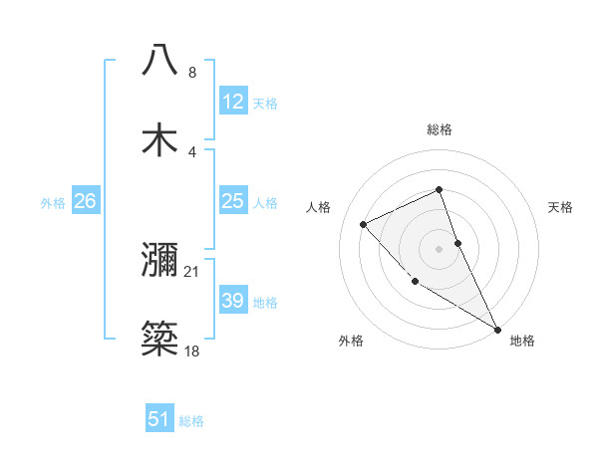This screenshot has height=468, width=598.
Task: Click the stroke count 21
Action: coord(192,271)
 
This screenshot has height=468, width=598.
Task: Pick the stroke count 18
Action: coord(192,351)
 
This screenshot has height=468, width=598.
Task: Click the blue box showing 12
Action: coord(232,102)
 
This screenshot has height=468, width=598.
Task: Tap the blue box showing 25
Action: coord(232,201)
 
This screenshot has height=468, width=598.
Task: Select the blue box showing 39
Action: coord(232,301)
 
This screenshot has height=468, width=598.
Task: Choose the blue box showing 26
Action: coord(85,201)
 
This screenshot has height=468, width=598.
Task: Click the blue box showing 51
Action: coord(159,419)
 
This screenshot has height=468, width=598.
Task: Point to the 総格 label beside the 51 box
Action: coord(191,421)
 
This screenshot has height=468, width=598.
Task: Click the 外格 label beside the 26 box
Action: coord(53,203)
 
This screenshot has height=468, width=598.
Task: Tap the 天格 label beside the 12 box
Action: coord(265,104)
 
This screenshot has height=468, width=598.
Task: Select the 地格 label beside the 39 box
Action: coord(265,303)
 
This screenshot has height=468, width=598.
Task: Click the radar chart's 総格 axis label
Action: coord(440,129)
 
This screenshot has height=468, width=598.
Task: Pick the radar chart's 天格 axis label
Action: coord(561,207)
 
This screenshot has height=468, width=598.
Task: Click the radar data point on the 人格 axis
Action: coord(364,224)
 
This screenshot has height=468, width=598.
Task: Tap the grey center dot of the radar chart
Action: coord(440,248)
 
